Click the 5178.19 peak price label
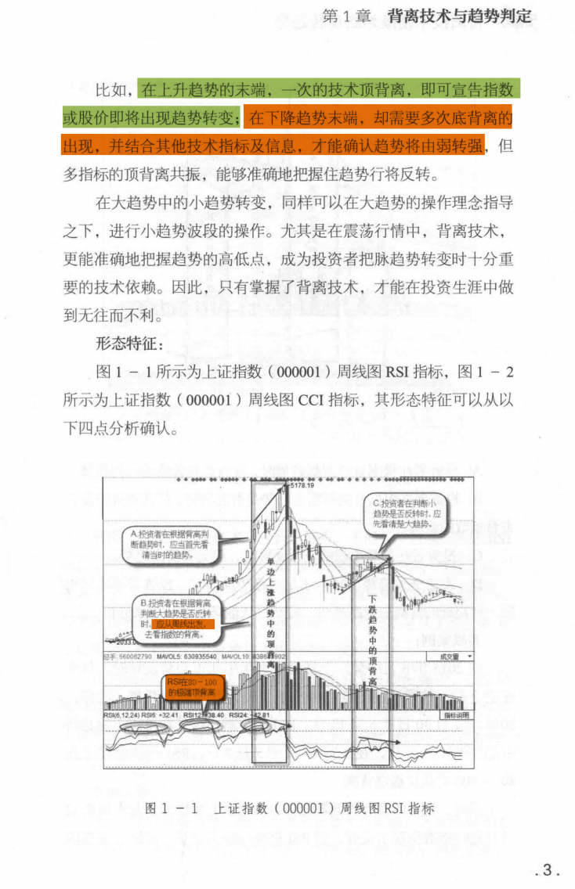click(302, 486)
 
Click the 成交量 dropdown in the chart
click(450, 657)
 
